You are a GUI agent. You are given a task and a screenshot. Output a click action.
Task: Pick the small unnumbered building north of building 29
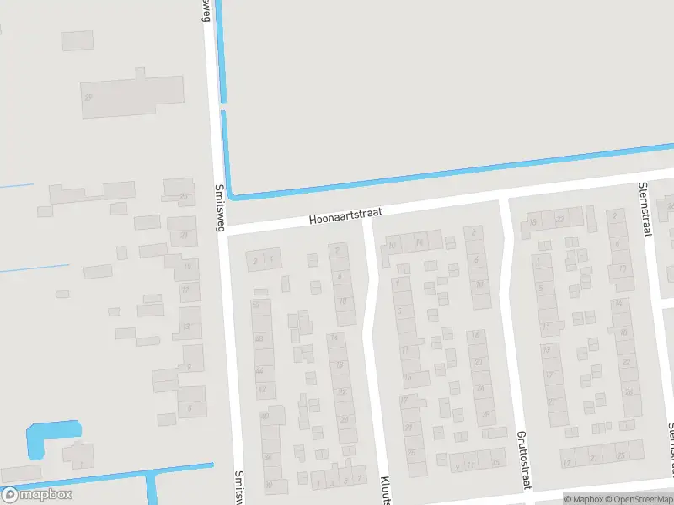click(78, 40)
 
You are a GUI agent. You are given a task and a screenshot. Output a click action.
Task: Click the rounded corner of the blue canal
click(234, 194)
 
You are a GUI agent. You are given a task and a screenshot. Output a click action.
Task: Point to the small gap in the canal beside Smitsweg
click(222, 108)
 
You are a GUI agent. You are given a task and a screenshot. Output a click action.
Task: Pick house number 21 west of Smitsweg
click(185, 236)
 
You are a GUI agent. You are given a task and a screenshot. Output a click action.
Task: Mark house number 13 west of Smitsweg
click(187, 326)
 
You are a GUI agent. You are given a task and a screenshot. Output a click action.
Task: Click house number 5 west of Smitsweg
click(191, 407)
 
